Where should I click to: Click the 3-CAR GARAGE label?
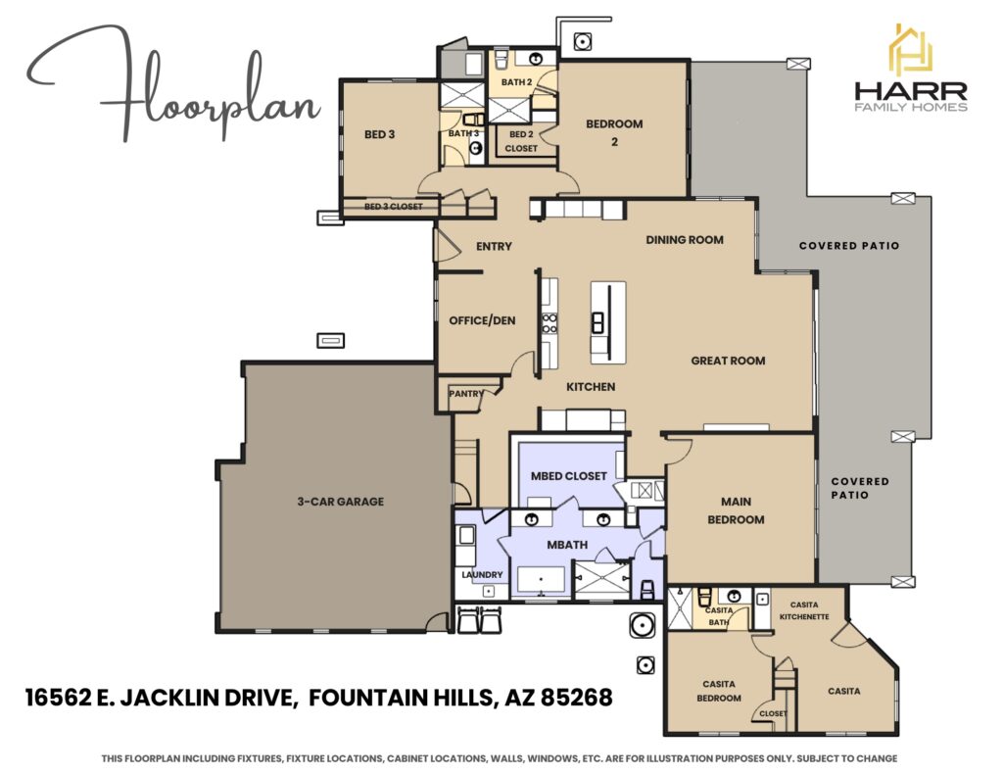pos(340,502)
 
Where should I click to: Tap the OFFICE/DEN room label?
pos(482,320)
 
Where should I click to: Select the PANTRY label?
pos(466,394)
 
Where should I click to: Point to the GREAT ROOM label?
pos(728,361)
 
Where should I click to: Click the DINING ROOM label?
pos(685,240)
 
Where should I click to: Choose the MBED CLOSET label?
pos(569,476)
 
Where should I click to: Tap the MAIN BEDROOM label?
pos(736,510)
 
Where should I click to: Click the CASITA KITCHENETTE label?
pos(804,610)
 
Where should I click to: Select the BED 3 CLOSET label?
pos(394,207)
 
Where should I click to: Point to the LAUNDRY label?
pos(482,575)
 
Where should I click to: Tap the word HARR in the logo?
pos(911,91)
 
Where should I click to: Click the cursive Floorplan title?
pos(172,83)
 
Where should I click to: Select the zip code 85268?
pos(577,697)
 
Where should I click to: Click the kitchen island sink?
pos(598,322)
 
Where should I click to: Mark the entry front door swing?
pos(446,245)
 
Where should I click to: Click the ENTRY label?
pos(494,246)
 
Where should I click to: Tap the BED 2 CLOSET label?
pos(521,141)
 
